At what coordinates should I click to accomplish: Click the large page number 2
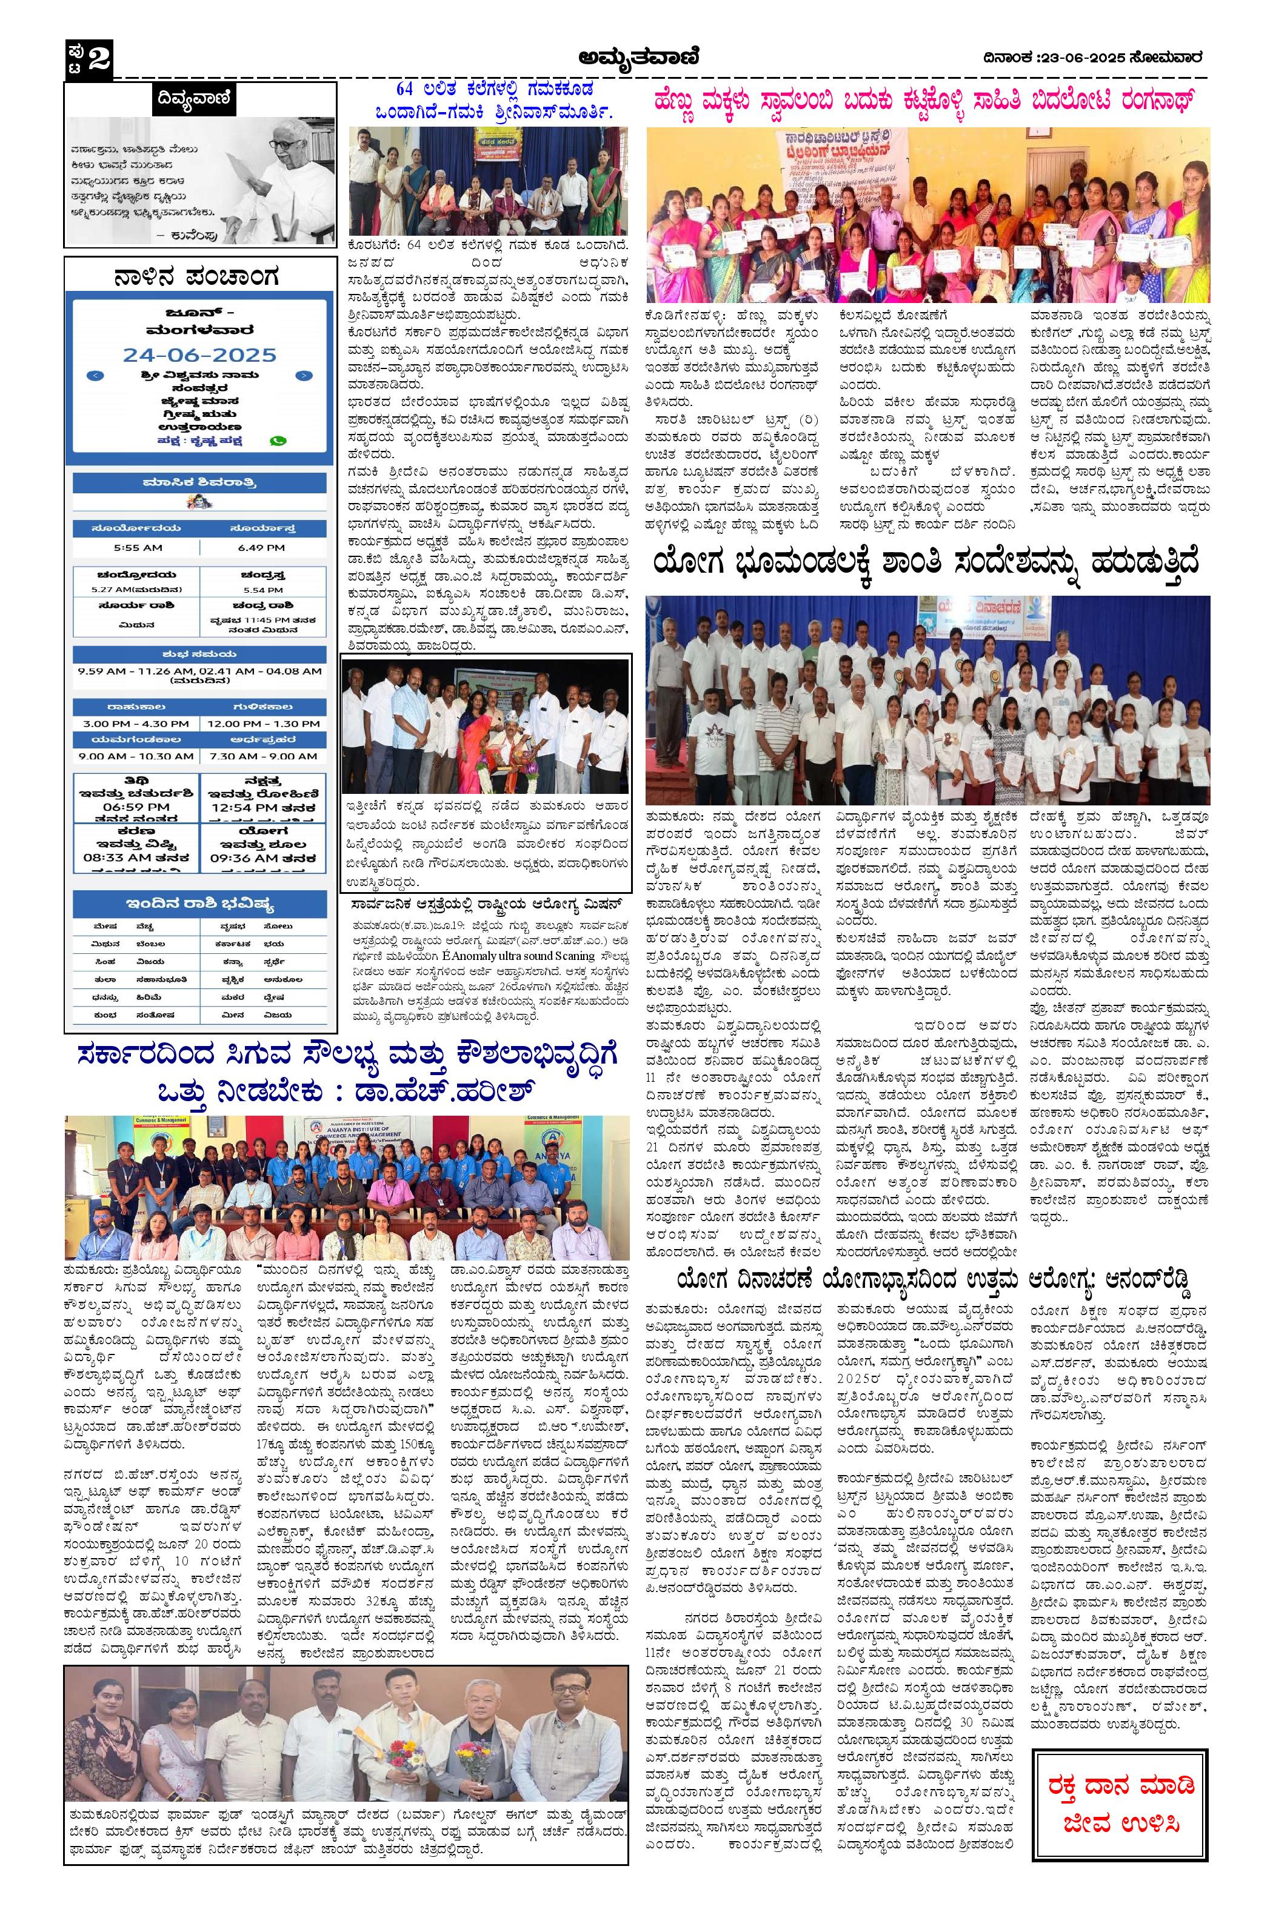click(x=98, y=58)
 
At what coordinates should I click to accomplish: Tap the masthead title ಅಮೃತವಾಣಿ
click(x=637, y=57)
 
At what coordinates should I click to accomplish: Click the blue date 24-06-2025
click(x=199, y=355)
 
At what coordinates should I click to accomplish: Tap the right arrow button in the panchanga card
click(x=303, y=376)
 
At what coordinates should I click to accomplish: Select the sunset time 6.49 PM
click(x=261, y=547)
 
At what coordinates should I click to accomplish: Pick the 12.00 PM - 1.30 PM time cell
click(x=262, y=723)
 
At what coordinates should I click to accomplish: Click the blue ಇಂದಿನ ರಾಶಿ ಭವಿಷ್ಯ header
click(x=199, y=904)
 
